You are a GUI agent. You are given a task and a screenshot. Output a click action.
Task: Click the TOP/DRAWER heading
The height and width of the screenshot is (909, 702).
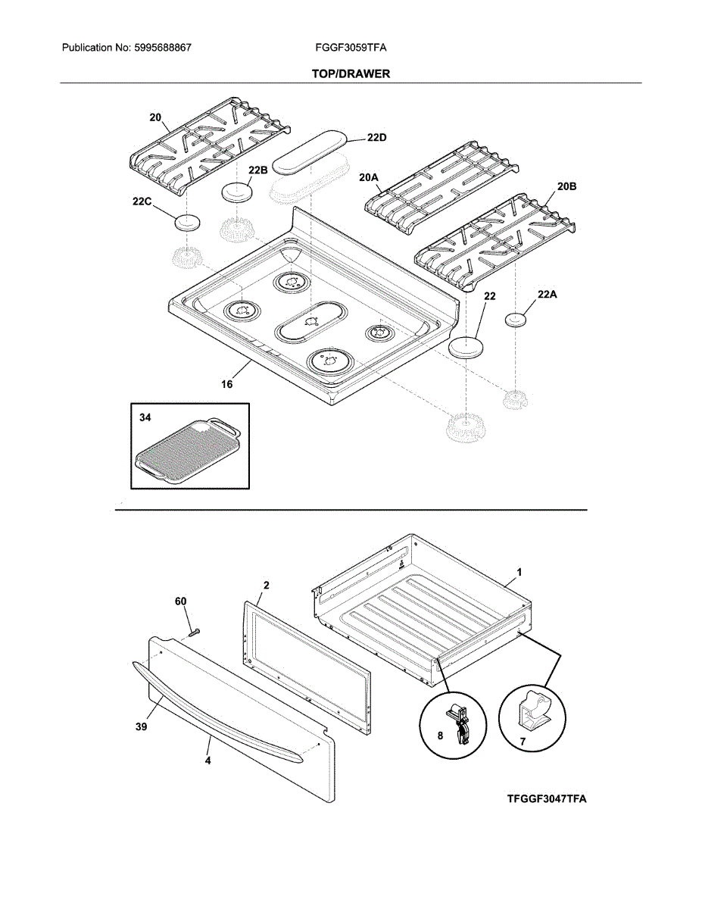click(x=351, y=74)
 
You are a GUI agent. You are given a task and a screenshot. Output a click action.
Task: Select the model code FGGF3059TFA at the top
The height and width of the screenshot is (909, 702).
click(x=351, y=48)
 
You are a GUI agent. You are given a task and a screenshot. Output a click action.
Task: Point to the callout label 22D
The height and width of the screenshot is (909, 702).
click(x=376, y=137)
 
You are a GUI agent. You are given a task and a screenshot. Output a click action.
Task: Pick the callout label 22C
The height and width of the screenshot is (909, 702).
click(x=142, y=201)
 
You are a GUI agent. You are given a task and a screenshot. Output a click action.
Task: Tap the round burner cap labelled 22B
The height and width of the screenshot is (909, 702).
click(x=237, y=192)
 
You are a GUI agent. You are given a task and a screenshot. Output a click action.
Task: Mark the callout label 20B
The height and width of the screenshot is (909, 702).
click(x=567, y=186)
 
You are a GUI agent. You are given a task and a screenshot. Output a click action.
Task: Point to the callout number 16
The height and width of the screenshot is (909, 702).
click(x=226, y=384)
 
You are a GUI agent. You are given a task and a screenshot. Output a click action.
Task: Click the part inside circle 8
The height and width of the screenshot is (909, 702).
click(x=458, y=723)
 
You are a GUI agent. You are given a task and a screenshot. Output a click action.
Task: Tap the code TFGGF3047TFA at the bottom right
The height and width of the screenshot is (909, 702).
click(x=547, y=799)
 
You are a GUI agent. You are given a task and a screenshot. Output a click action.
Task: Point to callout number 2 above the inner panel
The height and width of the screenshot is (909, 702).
click(x=267, y=586)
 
